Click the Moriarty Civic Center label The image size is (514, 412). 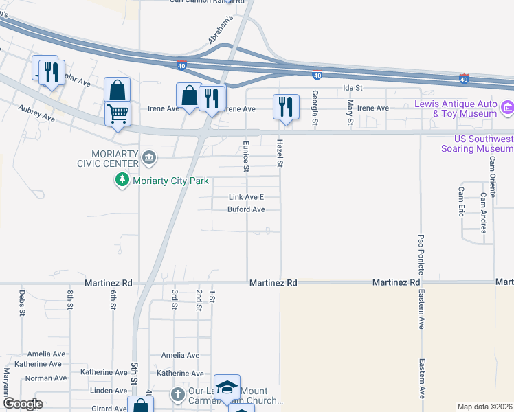[105, 157]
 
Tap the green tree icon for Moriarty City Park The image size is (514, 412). [122, 180]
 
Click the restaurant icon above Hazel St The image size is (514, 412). [286, 106]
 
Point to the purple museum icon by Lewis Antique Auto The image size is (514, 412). [508, 108]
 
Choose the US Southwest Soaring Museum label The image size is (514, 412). [478, 143]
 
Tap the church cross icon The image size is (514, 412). [177, 395]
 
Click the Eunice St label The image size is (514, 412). [245, 155]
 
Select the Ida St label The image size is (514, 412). [353, 89]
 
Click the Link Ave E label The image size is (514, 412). [246, 198]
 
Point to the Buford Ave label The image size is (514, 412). [246, 209]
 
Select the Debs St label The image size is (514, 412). [22, 301]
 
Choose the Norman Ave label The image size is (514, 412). [45, 378]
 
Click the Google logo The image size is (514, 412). [23, 404]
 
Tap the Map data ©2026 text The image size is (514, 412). [484, 407]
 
